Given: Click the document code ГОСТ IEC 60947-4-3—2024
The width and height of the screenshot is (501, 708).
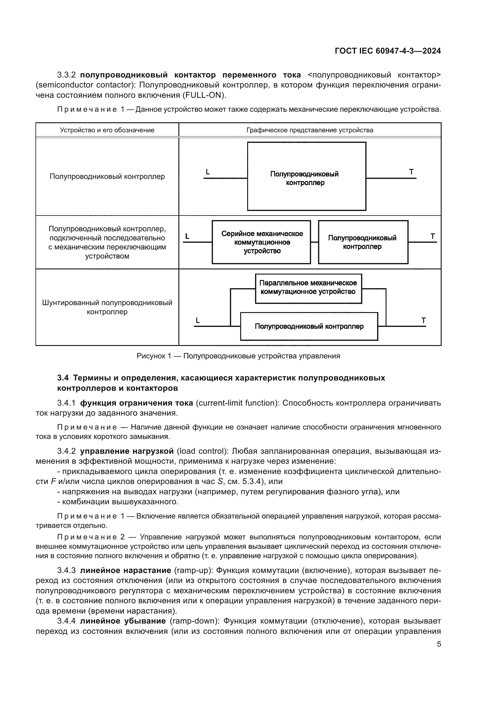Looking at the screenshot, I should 387,51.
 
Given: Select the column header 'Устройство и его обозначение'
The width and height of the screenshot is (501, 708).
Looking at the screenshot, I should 107,130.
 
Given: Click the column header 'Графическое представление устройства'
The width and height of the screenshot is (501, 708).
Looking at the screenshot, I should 310,130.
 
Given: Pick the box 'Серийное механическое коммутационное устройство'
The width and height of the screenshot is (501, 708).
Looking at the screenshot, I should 261,242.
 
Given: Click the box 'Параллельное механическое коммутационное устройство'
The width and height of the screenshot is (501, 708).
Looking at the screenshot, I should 308,288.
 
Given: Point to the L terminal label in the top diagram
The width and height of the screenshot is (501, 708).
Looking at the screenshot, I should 207,172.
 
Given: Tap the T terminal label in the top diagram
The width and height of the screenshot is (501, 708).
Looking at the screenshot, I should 411,172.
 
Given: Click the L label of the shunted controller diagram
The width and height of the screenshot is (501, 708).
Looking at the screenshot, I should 198,321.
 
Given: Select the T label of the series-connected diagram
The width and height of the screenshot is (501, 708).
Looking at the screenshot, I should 433,236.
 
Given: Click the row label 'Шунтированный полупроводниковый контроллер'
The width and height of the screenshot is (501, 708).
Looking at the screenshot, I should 107,307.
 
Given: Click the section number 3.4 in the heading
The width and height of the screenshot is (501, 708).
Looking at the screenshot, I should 63,378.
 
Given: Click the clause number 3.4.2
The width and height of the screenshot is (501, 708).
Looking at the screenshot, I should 66,451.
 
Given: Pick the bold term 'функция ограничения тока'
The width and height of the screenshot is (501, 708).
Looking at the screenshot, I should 136,403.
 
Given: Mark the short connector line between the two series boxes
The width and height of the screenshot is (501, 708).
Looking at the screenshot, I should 314,242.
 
